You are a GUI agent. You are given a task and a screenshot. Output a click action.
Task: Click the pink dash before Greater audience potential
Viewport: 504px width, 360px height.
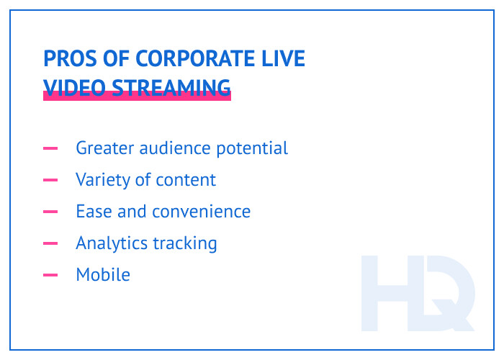click(50, 148)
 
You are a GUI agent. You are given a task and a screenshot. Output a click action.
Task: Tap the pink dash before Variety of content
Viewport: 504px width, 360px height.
click(50, 180)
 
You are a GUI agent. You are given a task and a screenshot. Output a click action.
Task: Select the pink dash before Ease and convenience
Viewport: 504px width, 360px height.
click(50, 212)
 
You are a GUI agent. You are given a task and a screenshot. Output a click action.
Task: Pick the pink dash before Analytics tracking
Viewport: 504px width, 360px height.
click(50, 243)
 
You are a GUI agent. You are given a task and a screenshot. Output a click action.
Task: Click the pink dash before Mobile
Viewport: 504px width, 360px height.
click(50, 275)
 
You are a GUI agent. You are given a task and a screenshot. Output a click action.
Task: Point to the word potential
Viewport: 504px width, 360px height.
click(251, 149)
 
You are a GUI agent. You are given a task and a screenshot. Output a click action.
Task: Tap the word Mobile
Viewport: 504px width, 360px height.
click(103, 274)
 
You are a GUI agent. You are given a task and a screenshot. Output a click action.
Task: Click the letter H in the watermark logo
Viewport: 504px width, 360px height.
click(389, 292)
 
